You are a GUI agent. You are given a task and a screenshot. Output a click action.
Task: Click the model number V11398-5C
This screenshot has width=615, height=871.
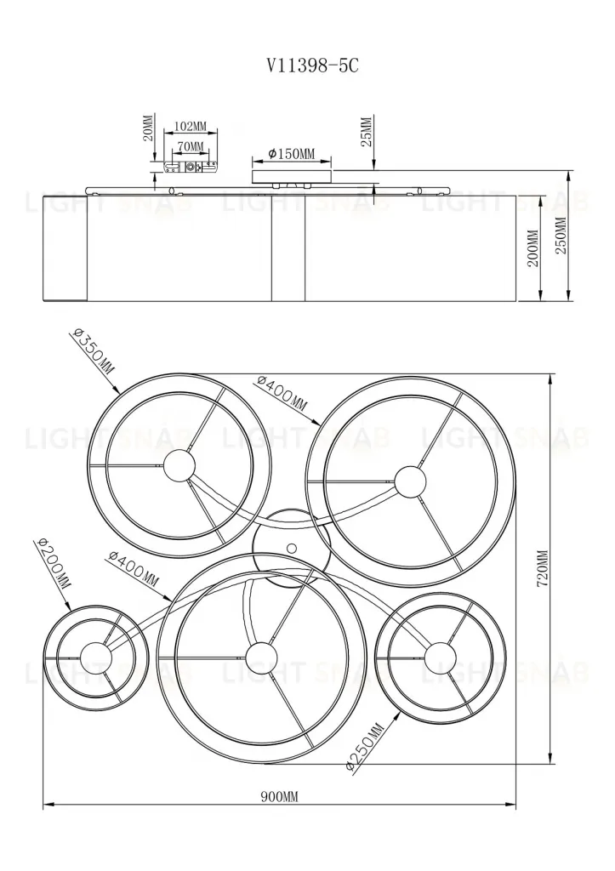coord(308,65)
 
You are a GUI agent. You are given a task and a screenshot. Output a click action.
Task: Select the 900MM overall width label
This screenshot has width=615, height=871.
coord(279,797)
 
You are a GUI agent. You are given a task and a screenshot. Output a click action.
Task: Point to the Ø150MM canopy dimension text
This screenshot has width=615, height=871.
coord(292,153)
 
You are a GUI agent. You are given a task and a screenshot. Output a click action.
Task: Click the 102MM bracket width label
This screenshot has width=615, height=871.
coord(190,127)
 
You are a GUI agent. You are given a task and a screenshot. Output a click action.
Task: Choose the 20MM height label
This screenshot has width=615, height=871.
coord(148,129)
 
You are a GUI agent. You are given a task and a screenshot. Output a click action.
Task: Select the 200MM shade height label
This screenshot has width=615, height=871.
coord(533,248)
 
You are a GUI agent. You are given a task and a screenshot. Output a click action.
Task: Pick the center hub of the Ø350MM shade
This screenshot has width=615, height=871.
coord(179,465)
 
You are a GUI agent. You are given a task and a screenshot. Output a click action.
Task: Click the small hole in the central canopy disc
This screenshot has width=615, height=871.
coord(292,547)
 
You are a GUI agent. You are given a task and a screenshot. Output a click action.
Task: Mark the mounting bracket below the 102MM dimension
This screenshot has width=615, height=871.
coord(190,168)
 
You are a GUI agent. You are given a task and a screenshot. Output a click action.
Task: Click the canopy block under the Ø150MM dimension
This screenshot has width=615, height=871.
coord(292,176)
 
